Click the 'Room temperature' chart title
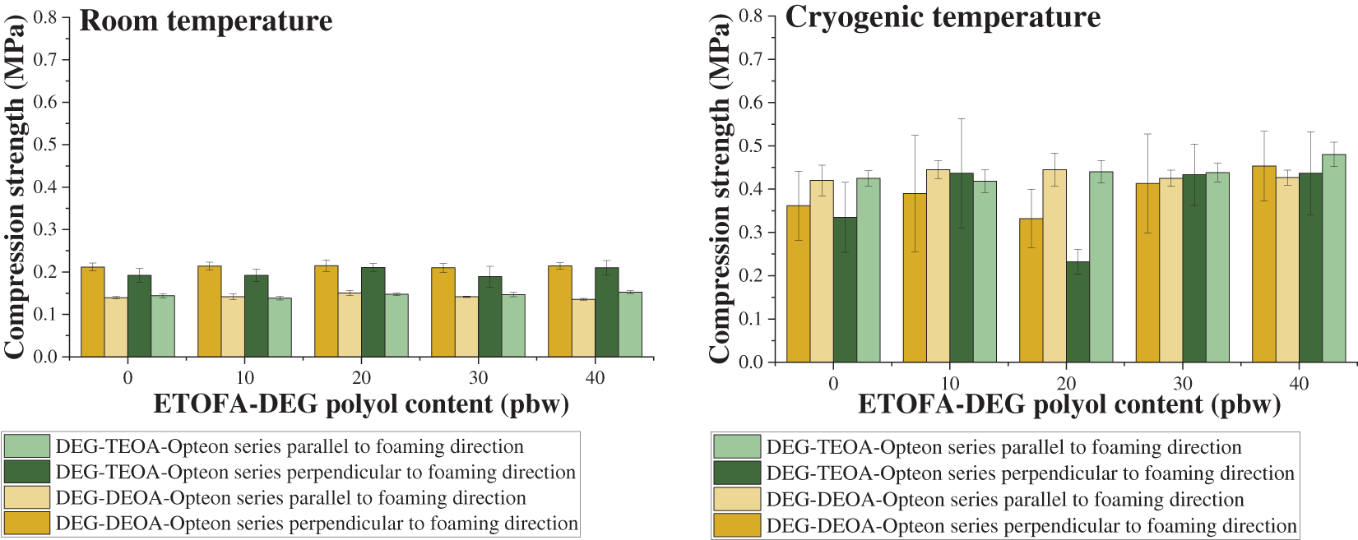click(x=206, y=21)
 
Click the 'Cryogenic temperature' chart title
click(x=943, y=17)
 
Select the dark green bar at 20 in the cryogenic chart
click(x=1078, y=312)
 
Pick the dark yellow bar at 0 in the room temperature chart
click(x=93, y=312)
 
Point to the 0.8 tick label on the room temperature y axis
click(x=46, y=17)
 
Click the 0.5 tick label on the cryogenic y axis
click(x=751, y=145)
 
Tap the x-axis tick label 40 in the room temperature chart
click(x=595, y=378)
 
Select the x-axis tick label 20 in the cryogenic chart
click(x=1066, y=384)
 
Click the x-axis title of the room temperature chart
click(x=361, y=404)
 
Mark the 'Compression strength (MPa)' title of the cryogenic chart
click(x=720, y=189)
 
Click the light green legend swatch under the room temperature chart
click(x=27, y=446)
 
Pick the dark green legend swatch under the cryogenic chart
click(x=737, y=473)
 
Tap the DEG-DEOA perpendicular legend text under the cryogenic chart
click(x=1031, y=526)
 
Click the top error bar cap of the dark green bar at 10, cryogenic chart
click(x=962, y=119)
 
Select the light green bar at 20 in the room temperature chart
click(x=396, y=325)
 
